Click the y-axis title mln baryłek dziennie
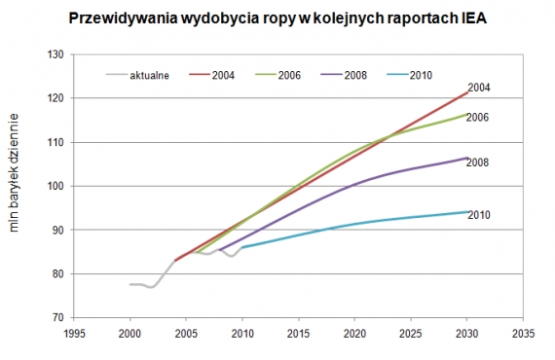pyautogui.click(x=15, y=186)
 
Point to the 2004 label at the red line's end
pyautogui.click(x=478, y=88)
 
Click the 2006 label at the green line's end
pyautogui.click(x=478, y=117)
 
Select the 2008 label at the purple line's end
pyautogui.click(x=478, y=162)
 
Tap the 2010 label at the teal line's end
pyautogui.click(x=478, y=214)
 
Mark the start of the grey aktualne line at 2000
pyautogui.click(x=130, y=285)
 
